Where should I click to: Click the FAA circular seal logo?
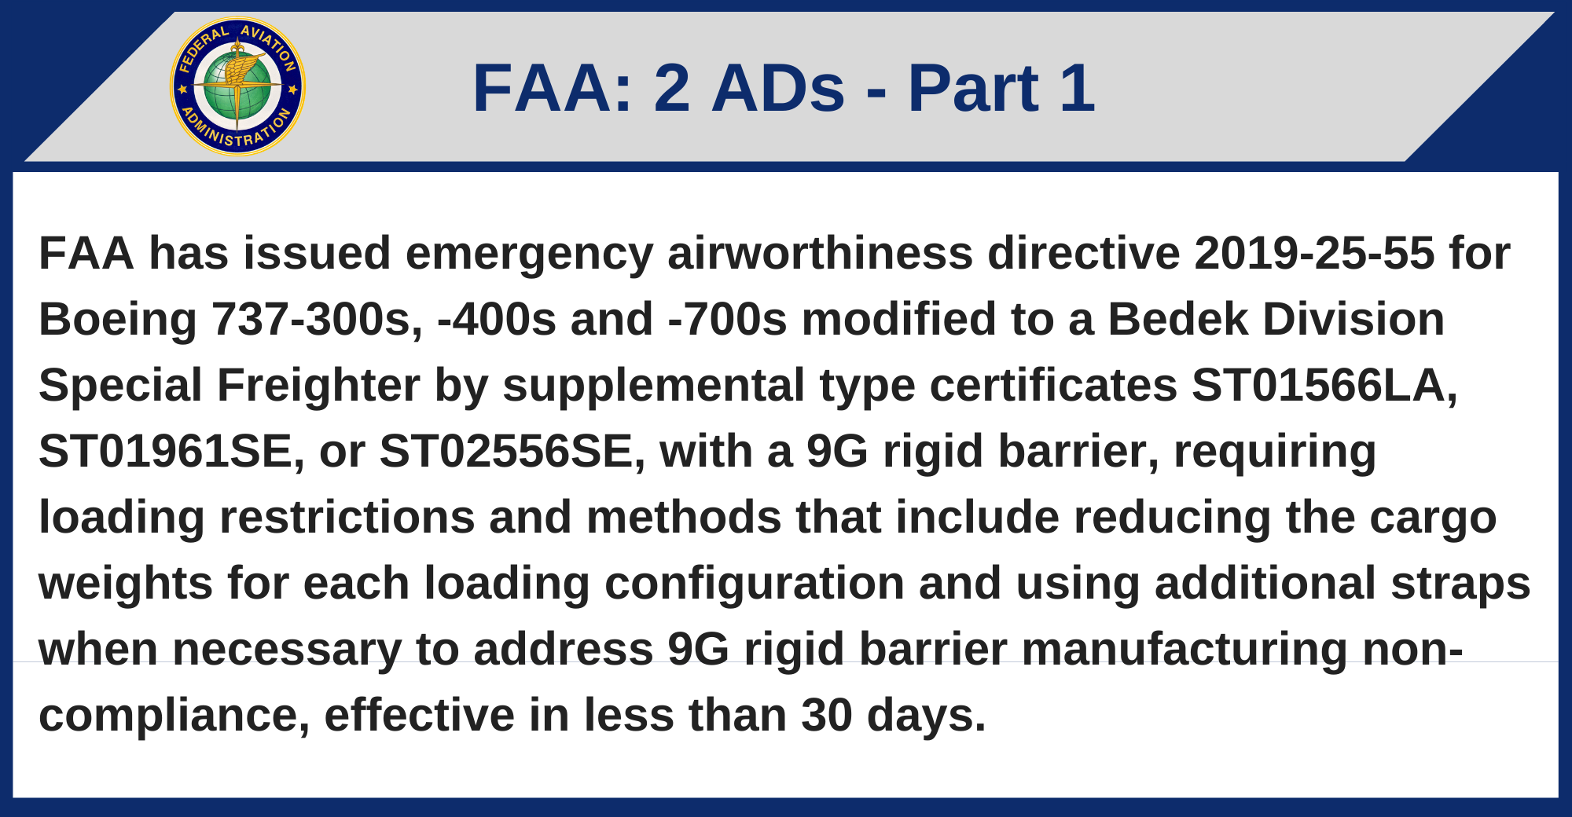coord(237,86)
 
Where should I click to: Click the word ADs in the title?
coord(778,88)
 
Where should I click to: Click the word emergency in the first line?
coord(529,254)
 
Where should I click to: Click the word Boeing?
coord(118,320)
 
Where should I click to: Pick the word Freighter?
coord(318,386)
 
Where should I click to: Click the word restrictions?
coord(347,518)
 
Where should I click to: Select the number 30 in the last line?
coord(827,716)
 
